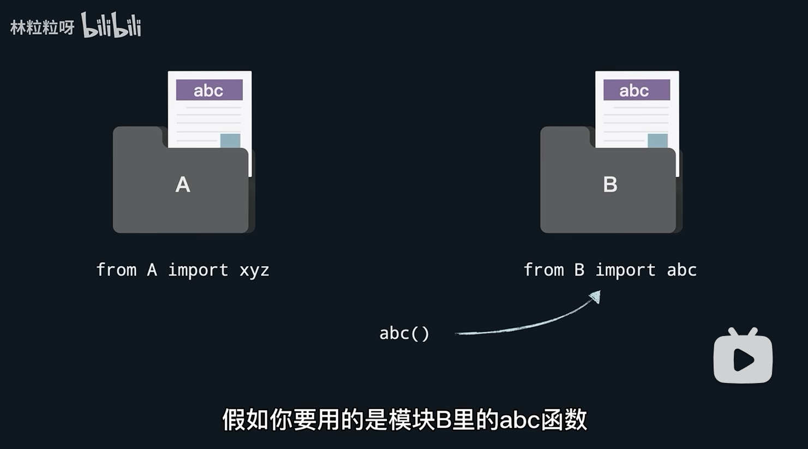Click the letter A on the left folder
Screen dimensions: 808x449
[x=183, y=185]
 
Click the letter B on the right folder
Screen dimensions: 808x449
[x=610, y=185]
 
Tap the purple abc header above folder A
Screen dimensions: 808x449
[x=209, y=90]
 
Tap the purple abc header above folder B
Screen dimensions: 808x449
[x=636, y=90]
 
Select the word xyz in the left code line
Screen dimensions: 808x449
[x=254, y=270]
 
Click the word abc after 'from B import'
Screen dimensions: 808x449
[x=681, y=270]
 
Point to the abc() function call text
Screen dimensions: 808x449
[x=404, y=333]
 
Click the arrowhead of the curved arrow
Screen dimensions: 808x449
[x=596, y=297]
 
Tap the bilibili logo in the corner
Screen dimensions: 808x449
[x=111, y=26]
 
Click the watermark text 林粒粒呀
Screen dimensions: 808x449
[x=42, y=27]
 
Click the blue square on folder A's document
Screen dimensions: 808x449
[x=230, y=141]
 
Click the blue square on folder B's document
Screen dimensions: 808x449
[x=657, y=141]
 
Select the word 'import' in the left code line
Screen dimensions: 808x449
[x=197, y=270]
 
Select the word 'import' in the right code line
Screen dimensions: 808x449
[x=625, y=270]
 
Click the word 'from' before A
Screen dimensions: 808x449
[x=116, y=270]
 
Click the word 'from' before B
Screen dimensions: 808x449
[x=543, y=270]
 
